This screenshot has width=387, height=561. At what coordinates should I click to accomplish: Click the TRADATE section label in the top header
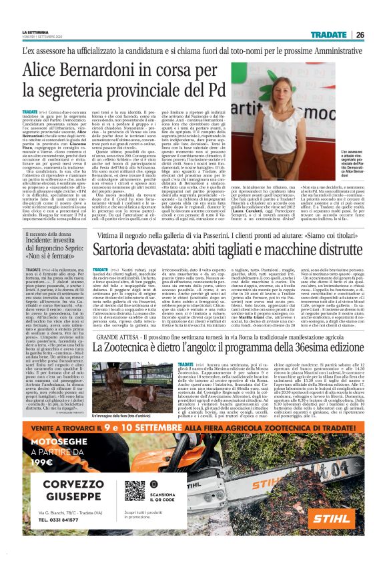[328, 35]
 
